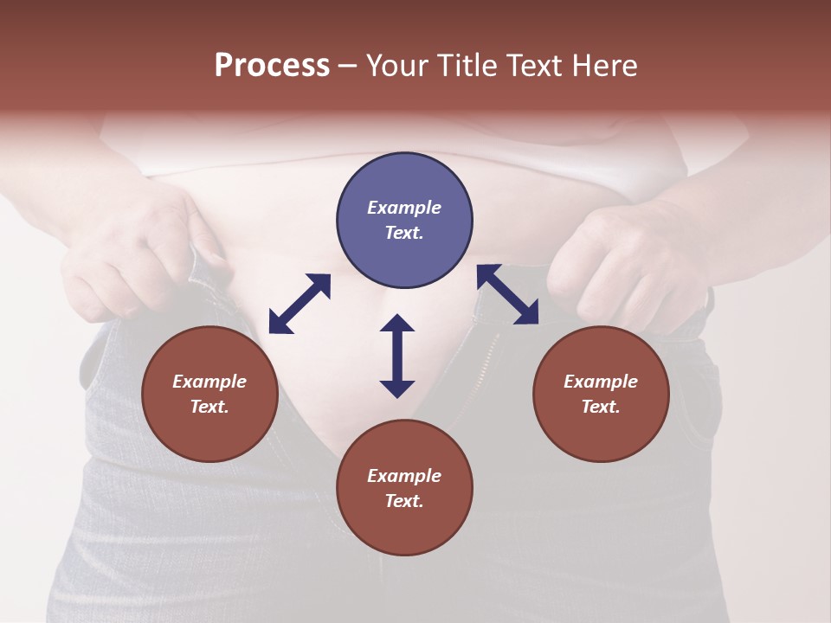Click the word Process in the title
coord(272,66)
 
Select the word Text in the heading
coord(537,66)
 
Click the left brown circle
coord(209,394)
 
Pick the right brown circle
coord(601,394)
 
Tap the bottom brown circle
coord(404,488)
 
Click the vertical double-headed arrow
coord(397,356)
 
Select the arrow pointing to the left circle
coord(300,304)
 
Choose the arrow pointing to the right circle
coord(507,294)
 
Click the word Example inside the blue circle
coord(404,208)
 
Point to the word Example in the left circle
coord(209,382)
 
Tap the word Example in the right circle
coord(601,382)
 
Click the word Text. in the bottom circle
coord(404,501)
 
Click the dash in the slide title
coord(347,66)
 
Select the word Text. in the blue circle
coord(404,233)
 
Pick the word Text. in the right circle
coord(601,407)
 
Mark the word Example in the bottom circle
coord(404,476)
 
